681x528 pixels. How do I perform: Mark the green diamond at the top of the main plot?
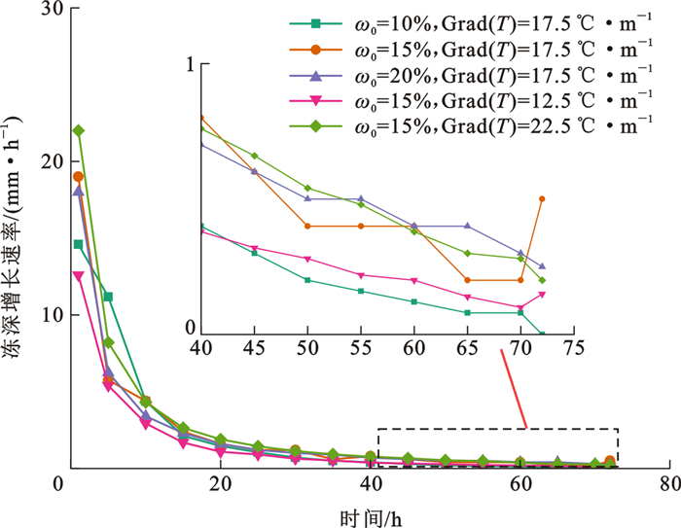pyautogui.click(x=79, y=130)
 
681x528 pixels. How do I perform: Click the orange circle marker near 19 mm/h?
pyautogui.click(x=79, y=176)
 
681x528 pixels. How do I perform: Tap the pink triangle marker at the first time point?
pyautogui.click(x=79, y=276)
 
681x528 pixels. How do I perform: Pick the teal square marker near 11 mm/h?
pyautogui.click(x=108, y=297)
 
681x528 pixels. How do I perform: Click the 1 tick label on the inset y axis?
pyautogui.click(x=192, y=65)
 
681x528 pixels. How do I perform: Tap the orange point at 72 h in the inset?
pyautogui.click(x=542, y=199)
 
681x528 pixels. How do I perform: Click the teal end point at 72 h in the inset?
pyautogui.click(x=542, y=334)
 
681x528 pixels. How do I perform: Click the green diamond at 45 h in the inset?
pyautogui.click(x=254, y=156)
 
